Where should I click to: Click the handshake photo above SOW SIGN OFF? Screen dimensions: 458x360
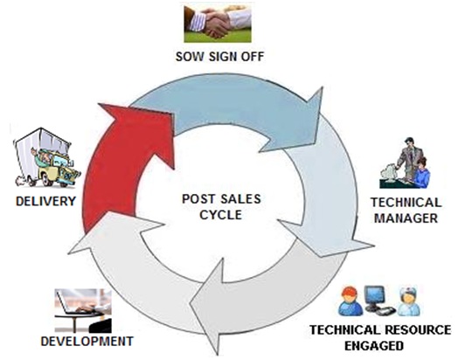pyautogui.click(x=218, y=24)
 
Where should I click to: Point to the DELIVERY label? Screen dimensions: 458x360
pyautogui.click(x=45, y=201)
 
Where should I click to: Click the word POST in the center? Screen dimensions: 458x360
pyautogui.click(x=198, y=199)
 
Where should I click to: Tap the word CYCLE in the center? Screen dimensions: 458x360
pyautogui.click(x=221, y=215)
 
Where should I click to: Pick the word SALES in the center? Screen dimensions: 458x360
pyautogui.click(x=240, y=199)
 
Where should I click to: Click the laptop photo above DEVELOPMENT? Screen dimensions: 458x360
pyautogui.click(x=83, y=311)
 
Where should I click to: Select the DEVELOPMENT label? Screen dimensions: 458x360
pyautogui.click(x=87, y=341)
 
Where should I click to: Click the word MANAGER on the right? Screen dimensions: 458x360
pyautogui.click(x=406, y=218)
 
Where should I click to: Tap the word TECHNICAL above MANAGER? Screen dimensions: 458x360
pyautogui.click(x=406, y=203)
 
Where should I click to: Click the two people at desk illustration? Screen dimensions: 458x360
pyautogui.click(x=405, y=163)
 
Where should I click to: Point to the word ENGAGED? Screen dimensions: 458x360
pyautogui.click(x=374, y=346)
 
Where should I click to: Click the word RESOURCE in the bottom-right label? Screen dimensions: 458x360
pyautogui.click(x=418, y=330)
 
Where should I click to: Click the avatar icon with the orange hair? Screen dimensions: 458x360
pyautogui.click(x=350, y=301)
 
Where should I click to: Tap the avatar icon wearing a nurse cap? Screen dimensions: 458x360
pyautogui.click(x=409, y=301)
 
